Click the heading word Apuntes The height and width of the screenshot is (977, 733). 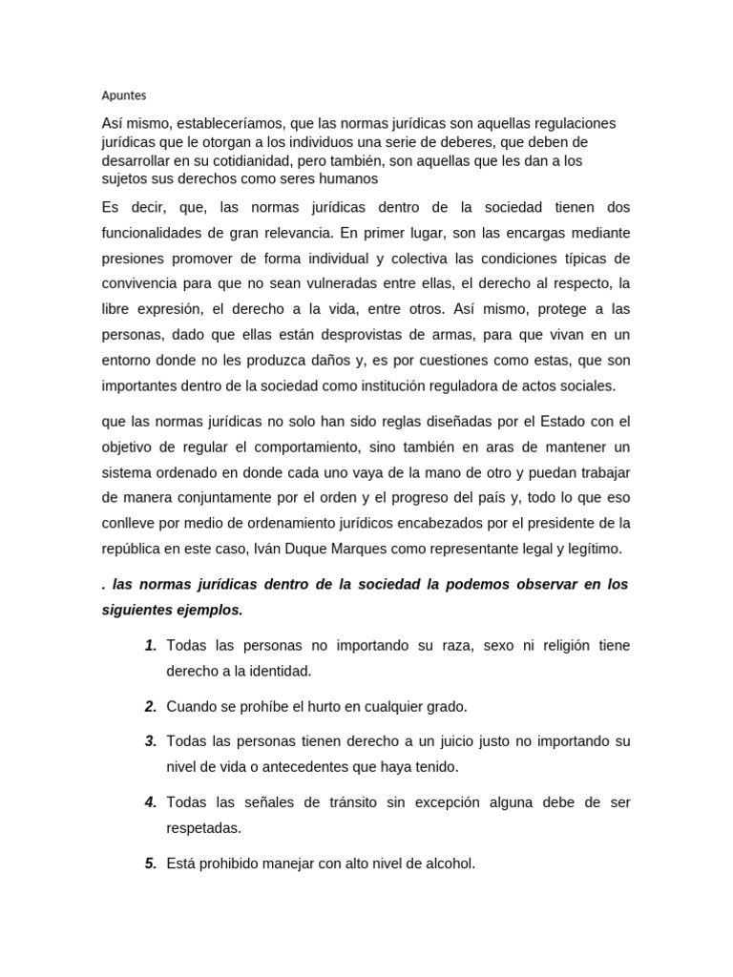pos(124,95)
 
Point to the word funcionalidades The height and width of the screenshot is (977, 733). pos(157,232)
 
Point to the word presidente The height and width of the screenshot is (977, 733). pos(557,524)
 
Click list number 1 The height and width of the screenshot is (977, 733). pos(151,646)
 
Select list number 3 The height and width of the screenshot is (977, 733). pos(151,741)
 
